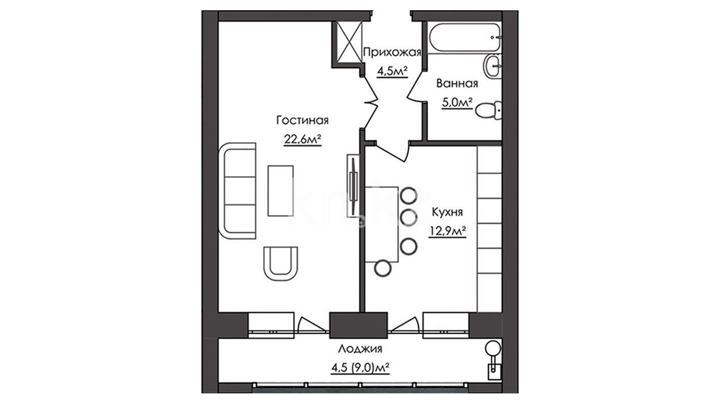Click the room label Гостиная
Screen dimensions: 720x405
tap(302, 120)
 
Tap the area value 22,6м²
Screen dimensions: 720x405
tap(302, 139)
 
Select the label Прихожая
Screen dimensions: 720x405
tap(392, 52)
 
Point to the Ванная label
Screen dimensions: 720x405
tap(457, 83)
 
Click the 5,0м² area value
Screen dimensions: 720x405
tap(457, 103)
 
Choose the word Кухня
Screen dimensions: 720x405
tap(447, 212)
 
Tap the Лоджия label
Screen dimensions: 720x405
tap(360, 349)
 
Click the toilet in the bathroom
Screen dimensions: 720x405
tap(489, 110)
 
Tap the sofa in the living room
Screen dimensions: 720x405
tap(237, 191)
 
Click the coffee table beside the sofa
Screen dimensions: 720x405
tap(280, 190)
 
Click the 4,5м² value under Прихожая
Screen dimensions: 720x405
tap(392, 71)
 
